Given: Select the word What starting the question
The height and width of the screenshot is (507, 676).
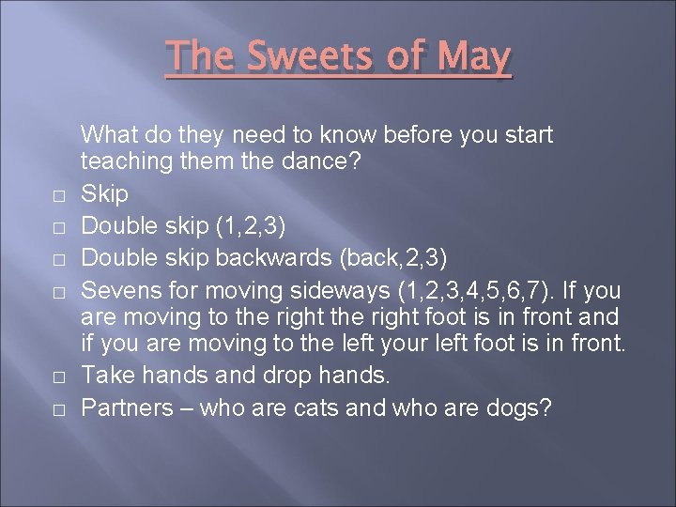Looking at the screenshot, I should [x=111, y=135].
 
